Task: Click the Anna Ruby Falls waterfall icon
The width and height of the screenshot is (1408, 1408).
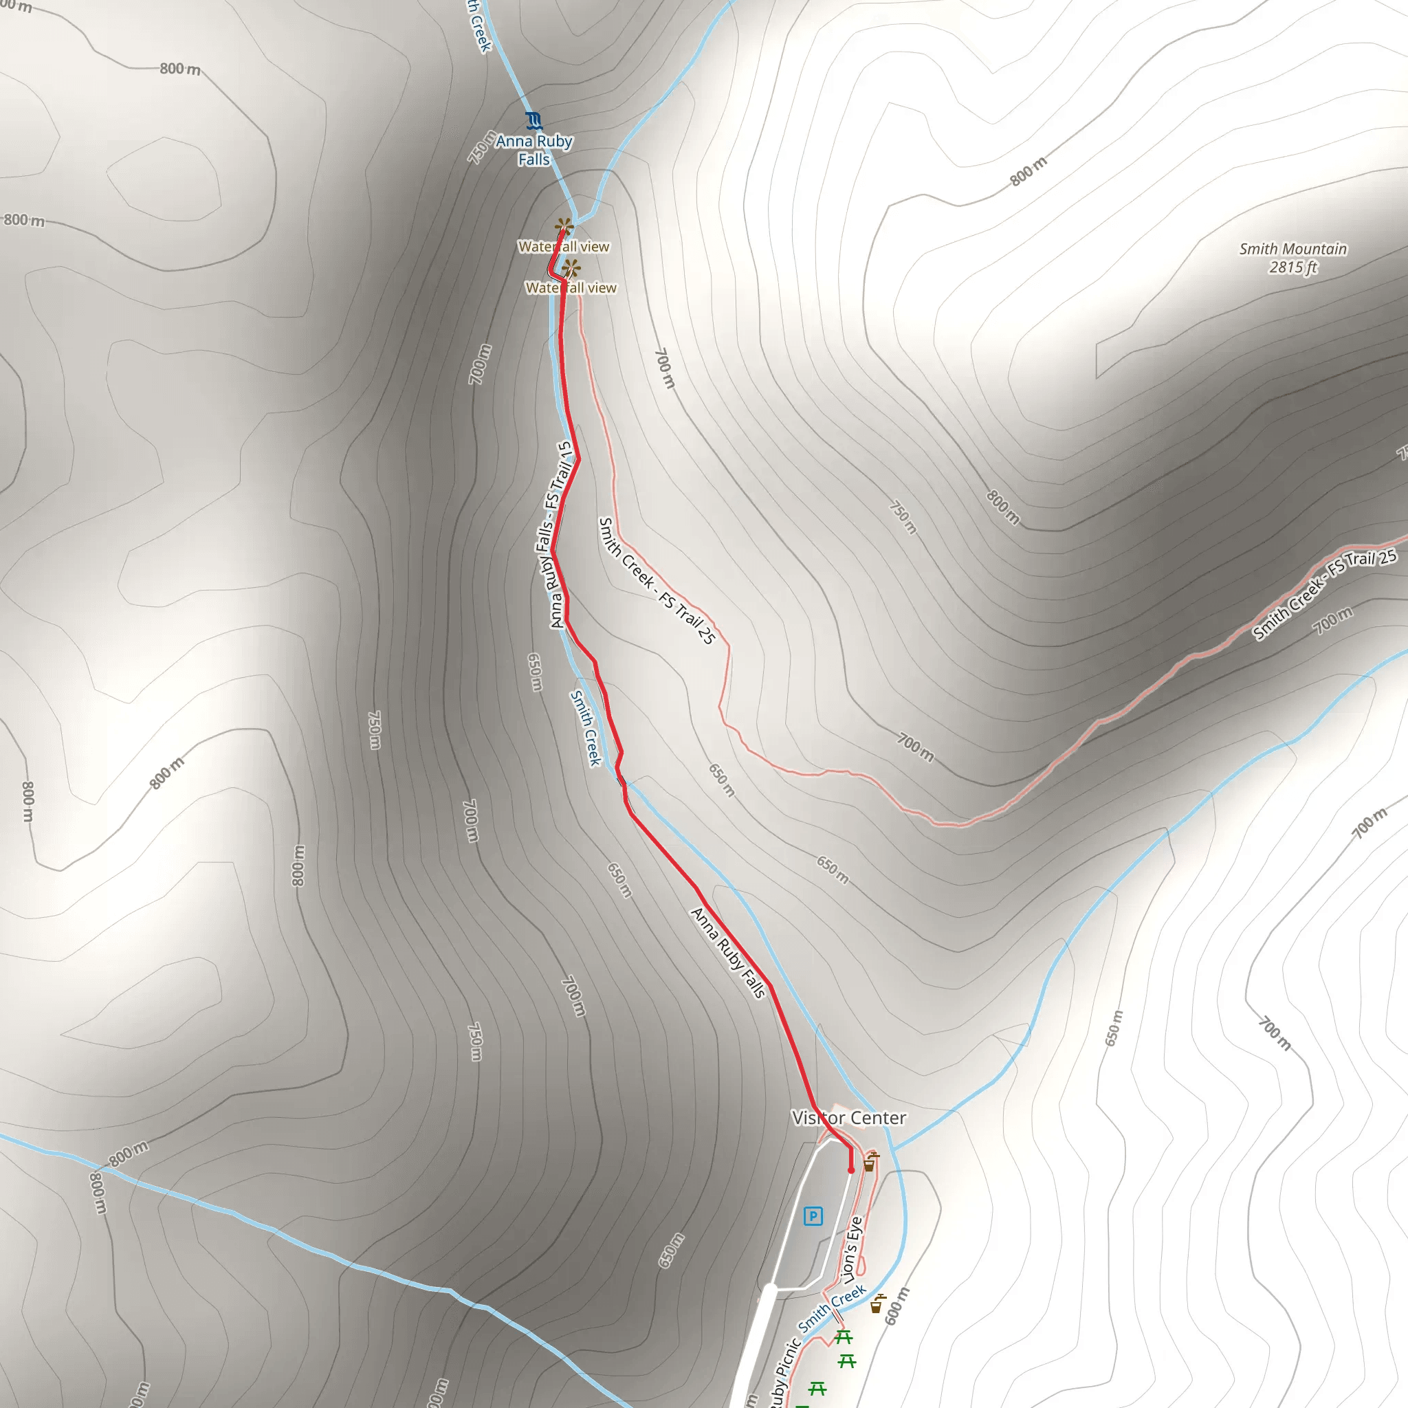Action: pos(534,120)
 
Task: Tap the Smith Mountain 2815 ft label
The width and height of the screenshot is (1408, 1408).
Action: pos(1293,258)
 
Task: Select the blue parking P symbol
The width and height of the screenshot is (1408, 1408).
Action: pos(813,1215)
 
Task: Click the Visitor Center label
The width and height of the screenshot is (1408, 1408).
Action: pos(849,1118)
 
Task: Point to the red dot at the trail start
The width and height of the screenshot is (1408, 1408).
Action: pos(850,1170)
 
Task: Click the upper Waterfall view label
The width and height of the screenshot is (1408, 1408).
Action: pos(563,247)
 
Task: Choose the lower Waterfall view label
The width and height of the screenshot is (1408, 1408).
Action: pos(571,288)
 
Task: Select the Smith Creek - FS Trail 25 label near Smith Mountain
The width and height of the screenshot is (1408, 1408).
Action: pos(1324,595)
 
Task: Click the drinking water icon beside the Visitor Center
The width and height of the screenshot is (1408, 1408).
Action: pos(870,1161)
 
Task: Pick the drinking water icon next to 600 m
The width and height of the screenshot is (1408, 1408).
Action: pos(877,1303)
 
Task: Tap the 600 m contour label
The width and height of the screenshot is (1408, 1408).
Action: pos(897,1306)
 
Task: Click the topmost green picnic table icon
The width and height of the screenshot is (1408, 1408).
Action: pos(843,1337)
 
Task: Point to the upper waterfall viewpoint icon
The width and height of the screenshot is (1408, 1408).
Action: pos(562,227)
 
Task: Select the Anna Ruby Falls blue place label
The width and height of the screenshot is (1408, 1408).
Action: pos(534,150)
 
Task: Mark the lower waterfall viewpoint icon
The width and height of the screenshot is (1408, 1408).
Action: pos(571,269)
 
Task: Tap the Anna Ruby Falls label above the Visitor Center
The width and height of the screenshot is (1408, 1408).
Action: pos(728,951)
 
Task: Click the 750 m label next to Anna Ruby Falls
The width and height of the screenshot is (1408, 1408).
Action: pos(482,147)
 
